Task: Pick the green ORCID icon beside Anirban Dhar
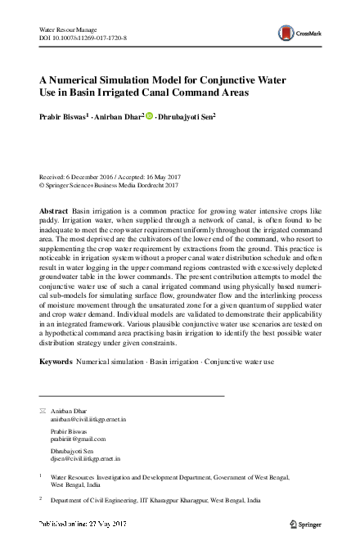[x=150, y=117]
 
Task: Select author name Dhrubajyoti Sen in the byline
[x=187, y=117]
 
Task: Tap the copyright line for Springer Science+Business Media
[x=109, y=186]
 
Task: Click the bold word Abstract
[x=54, y=211]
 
